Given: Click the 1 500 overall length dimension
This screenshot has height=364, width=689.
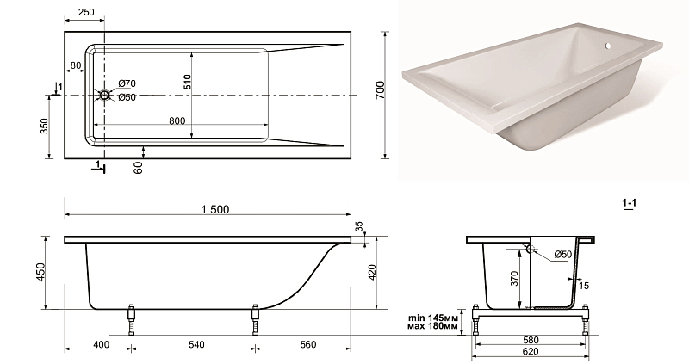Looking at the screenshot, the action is point(215,209).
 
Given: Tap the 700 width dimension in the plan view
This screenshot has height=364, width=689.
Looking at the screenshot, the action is point(381,90).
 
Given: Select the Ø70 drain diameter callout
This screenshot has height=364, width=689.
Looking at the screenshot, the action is point(127,83).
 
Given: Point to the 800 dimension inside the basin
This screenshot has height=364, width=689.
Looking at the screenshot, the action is point(177,120).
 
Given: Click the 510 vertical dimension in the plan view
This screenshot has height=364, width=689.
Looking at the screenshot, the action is point(188,82).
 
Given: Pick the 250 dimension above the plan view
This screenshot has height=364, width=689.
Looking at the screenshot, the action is point(86,12).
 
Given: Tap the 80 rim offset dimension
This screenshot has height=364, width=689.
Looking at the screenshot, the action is point(76,66).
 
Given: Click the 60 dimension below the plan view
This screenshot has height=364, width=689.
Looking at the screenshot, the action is point(139,167).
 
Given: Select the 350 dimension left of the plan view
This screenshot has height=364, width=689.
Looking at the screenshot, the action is point(45,126).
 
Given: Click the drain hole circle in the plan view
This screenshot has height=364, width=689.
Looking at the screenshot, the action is point(104,95).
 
